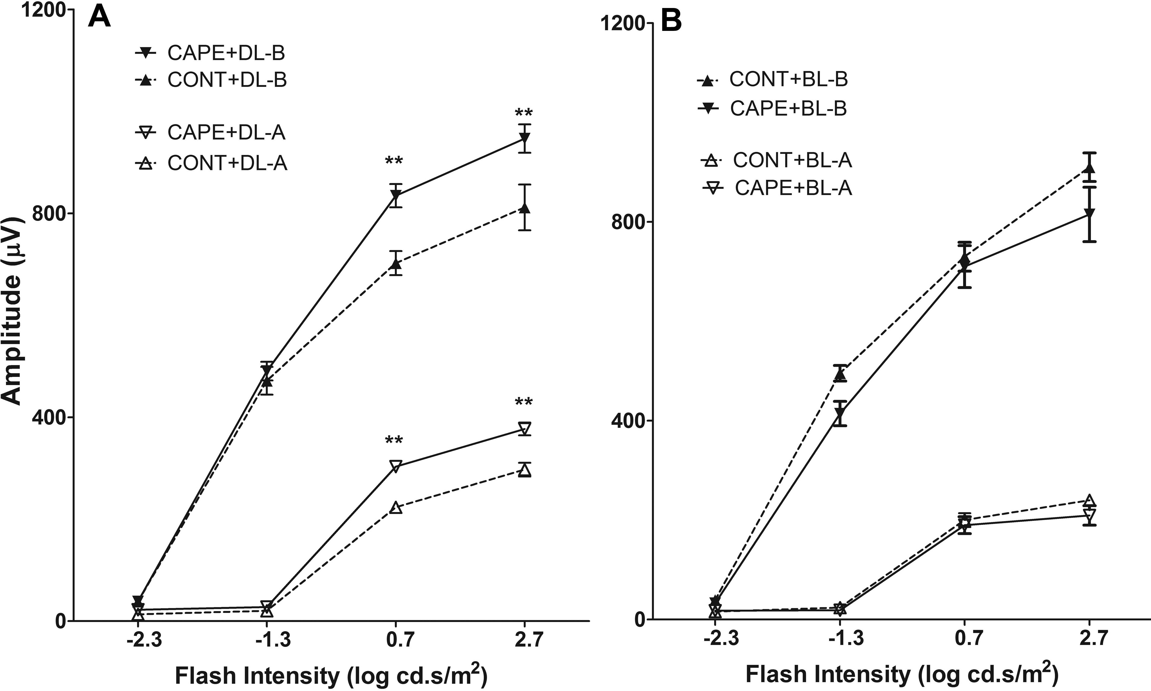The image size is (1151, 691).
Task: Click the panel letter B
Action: click(671, 22)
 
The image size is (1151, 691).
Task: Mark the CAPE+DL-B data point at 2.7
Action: click(525, 139)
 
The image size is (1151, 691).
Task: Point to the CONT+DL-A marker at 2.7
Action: click(525, 471)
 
